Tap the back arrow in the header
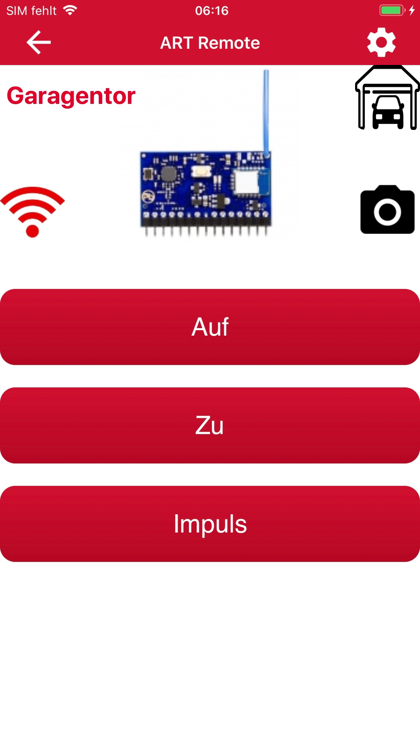point(39,42)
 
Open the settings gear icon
point(381,42)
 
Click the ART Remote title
point(210,43)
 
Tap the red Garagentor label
point(71,96)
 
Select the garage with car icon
point(387,98)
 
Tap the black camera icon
point(387,209)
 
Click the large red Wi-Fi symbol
point(32,212)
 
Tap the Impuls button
point(210,524)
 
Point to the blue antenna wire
point(266,113)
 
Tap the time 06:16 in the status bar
point(212,11)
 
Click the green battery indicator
point(392,10)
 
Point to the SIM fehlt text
point(31,11)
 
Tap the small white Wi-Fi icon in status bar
point(70,10)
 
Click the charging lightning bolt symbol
point(412,10)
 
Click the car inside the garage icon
point(388,112)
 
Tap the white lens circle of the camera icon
point(387,212)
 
